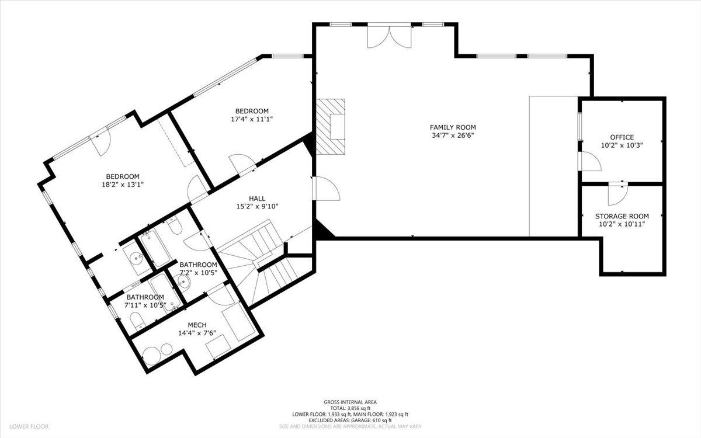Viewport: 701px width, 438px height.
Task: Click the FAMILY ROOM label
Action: pos(453,127)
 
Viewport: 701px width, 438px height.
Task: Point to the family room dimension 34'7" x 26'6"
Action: pos(453,135)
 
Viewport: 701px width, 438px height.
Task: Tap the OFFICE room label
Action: pos(622,137)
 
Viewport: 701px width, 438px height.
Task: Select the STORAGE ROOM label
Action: pos(622,215)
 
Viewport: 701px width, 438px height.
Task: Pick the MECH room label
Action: pos(196,325)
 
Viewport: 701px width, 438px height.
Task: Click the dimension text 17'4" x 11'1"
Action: pos(252,119)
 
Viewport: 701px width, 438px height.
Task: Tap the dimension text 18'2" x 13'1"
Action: pos(122,185)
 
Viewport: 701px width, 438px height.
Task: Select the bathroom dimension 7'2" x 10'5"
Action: pos(198,273)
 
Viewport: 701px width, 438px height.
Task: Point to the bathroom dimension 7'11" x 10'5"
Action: pos(145,304)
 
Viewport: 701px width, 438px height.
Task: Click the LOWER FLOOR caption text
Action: pos(29,427)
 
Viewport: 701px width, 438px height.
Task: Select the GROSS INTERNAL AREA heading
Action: pos(350,402)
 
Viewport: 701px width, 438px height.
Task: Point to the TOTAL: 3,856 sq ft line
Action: pos(350,408)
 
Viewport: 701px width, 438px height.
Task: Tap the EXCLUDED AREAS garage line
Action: pos(350,420)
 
